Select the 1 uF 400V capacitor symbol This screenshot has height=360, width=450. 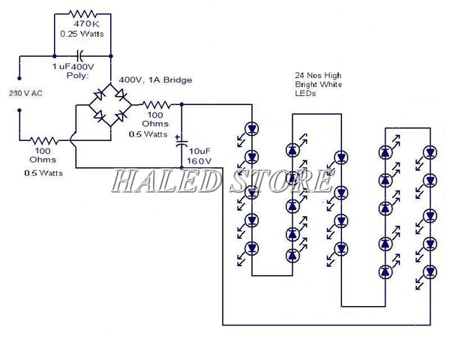(82, 55)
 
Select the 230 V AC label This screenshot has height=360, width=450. (25, 93)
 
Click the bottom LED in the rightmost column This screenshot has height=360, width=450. (429, 270)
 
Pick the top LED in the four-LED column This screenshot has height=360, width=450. (341, 157)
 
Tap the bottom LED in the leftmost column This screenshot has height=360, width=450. (252, 247)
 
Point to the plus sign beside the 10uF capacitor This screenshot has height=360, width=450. (176, 137)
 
